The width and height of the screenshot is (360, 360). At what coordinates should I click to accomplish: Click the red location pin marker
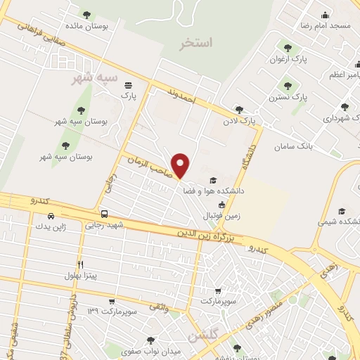tap(181, 165)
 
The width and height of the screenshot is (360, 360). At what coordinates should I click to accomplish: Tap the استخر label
tap(195, 43)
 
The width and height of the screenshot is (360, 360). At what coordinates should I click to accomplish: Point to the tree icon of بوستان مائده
tap(86, 14)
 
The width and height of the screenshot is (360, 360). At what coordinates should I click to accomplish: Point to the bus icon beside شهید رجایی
tap(104, 214)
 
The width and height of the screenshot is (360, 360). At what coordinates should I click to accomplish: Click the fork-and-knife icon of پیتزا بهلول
tap(81, 264)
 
